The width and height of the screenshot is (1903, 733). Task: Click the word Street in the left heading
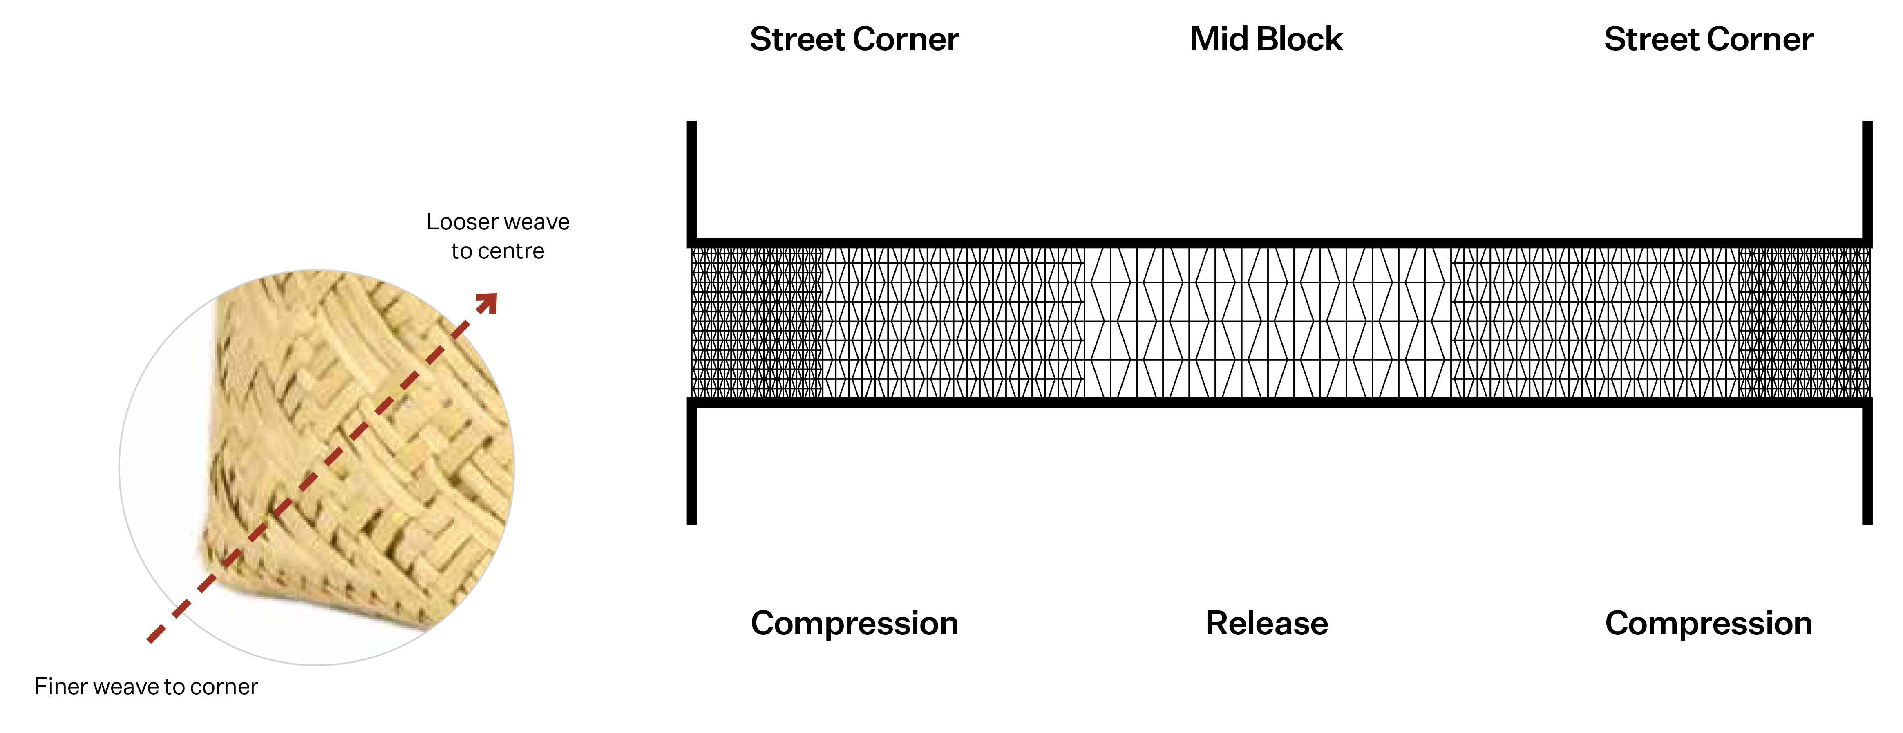tap(796, 39)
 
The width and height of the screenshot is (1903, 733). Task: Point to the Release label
tap(1266, 623)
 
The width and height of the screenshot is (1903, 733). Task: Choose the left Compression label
tap(854, 623)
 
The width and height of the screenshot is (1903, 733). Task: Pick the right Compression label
tap(1708, 623)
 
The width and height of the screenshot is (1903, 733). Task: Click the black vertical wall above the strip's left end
tap(691, 181)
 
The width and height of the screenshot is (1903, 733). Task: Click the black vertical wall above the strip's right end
tap(1867, 181)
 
